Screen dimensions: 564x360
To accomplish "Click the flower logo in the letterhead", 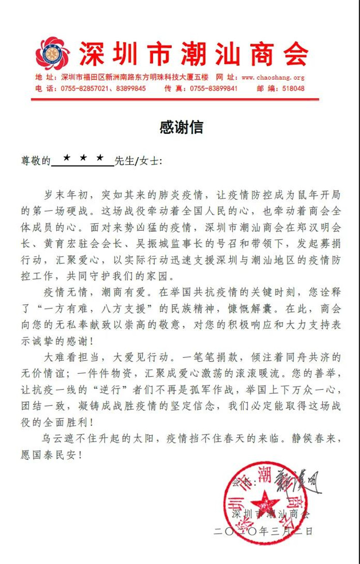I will click(x=53, y=54).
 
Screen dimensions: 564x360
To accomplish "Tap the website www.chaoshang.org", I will click(x=273, y=77).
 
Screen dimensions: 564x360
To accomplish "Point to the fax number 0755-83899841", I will click(x=213, y=89).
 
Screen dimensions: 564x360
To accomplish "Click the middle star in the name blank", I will click(x=83, y=158).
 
